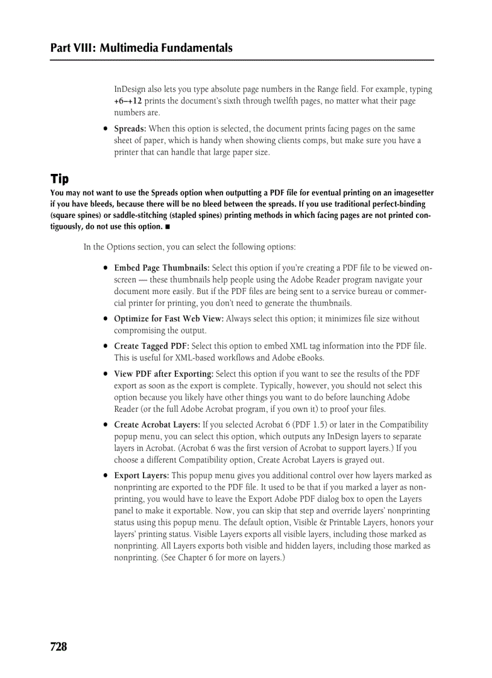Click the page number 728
tap(59, 647)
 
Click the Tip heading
tap(60, 179)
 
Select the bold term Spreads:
tap(130, 129)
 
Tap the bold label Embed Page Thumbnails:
tap(162, 268)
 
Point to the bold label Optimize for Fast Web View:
tap(169, 319)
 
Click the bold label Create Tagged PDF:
tap(151, 346)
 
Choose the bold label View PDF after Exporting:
tap(163, 374)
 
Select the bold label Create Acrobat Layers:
tap(157, 424)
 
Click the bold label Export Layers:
tap(142, 476)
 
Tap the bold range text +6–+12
tap(128, 101)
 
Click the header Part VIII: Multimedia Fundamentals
tap(142, 48)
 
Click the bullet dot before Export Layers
tap(106, 476)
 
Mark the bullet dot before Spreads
tap(106, 129)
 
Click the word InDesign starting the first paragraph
tap(130, 89)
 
